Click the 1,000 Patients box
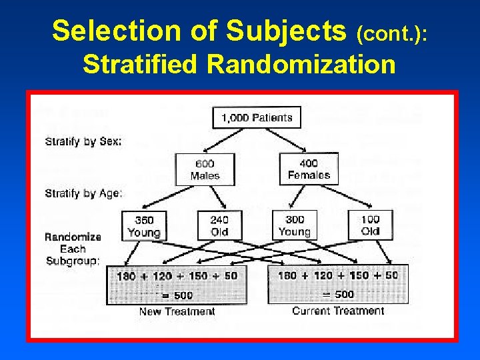257,117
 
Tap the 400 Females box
309,169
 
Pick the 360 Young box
144,226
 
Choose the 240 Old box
219,226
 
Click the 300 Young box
295,226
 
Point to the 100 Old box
371,226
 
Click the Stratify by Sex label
83,141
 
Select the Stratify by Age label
83,193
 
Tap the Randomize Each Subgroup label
73,249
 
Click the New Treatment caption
177,311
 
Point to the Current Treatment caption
338,311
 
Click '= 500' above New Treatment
175,295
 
